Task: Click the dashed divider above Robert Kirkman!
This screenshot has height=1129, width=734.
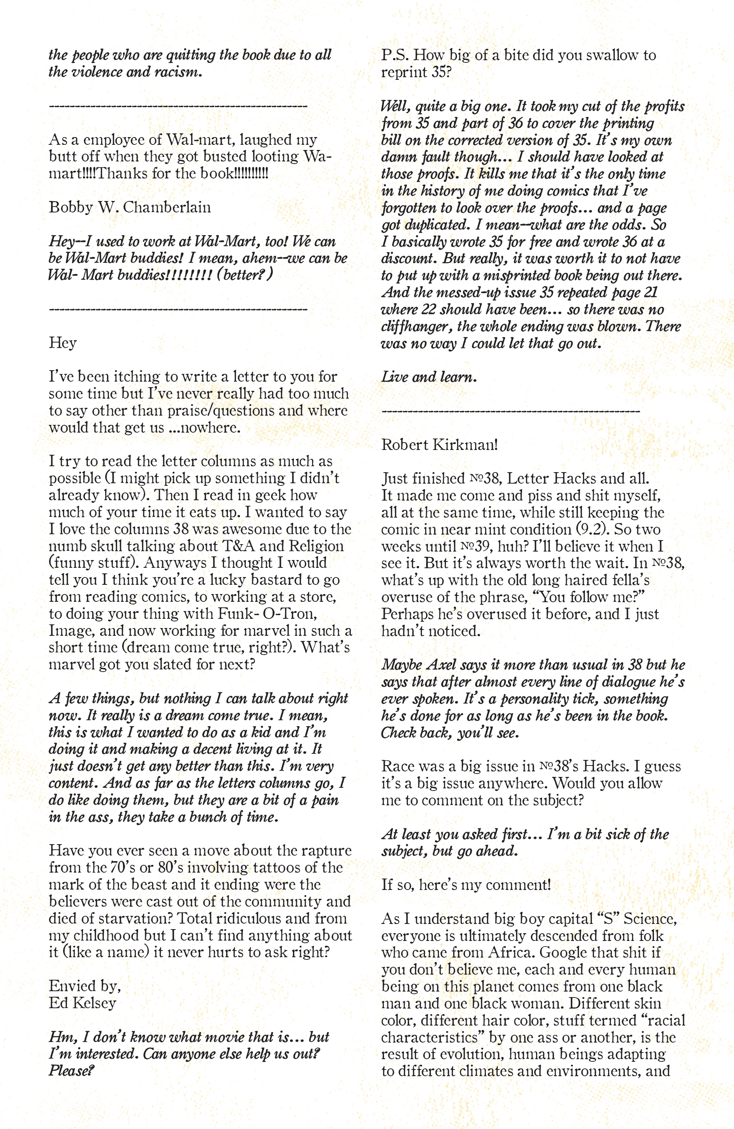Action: click(x=510, y=411)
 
